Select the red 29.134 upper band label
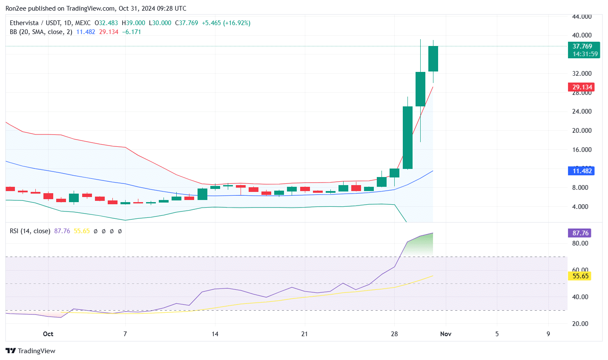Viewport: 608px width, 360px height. pos(582,87)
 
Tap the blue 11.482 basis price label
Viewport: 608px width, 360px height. pos(582,171)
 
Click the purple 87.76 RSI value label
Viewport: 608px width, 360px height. pos(580,233)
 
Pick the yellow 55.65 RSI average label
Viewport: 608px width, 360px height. pos(580,276)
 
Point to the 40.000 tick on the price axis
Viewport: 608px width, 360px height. pos(582,35)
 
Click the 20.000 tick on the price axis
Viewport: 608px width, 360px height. pos(582,131)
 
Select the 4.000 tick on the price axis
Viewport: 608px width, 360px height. pos(582,207)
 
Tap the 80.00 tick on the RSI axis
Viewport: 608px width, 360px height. pos(580,243)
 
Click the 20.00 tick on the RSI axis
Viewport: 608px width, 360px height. pos(580,324)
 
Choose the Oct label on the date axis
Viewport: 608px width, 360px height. pos(48,334)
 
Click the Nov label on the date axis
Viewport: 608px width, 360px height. pos(446,334)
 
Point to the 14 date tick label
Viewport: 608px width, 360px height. pos(215,334)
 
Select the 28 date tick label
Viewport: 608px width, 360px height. pos(394,334)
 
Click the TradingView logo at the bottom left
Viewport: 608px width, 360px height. pos(31,351)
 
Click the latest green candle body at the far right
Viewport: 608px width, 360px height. pos(433,59)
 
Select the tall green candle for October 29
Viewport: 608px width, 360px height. pos(407,137)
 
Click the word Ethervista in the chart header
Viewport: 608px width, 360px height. pos(24,23)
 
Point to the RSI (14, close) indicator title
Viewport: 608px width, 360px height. pos(30,231)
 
